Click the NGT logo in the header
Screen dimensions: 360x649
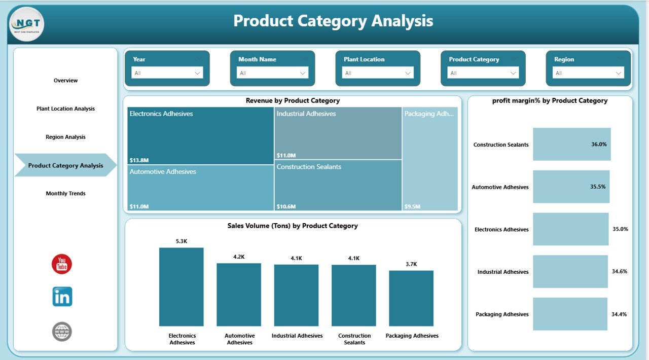pos(27,24)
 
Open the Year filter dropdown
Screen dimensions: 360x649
pos(167,73)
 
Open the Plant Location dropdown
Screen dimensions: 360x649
pos(378,73)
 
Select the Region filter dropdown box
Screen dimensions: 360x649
pos(588,73)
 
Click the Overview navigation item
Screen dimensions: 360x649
pos(66,81)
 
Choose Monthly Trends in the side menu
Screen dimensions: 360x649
pos(66,194)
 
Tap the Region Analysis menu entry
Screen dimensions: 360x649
pos(66,137)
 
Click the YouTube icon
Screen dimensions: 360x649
pos(62,264)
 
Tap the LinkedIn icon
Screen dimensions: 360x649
pos(62,297)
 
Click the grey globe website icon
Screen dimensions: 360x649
pos(62,332)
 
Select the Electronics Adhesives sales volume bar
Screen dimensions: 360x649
pos(181,286)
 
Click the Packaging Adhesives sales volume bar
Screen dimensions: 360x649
pos(411,298)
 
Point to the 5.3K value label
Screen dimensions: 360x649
pos(182,241)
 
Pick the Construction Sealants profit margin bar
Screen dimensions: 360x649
pos(571,145)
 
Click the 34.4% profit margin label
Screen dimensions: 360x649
pos(619,314)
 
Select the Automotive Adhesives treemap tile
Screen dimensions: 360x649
pos(200,188)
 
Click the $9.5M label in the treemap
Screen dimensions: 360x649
pos(412,207)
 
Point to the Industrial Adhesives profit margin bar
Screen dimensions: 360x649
pos(570,272)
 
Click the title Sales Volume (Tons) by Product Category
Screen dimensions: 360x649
pos(293,226)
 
